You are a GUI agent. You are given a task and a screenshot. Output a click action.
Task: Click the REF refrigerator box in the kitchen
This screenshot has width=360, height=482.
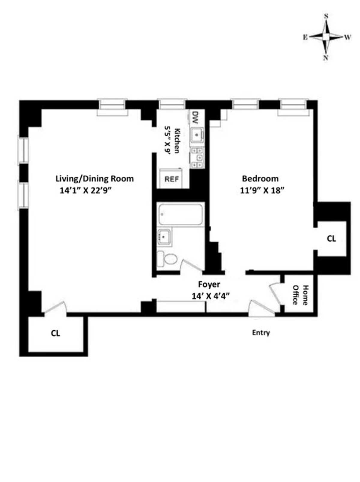pyautogui.click(x=171, y=179)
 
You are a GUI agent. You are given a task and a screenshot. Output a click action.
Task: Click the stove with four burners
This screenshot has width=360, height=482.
pyautogui.click(x=197, y=158)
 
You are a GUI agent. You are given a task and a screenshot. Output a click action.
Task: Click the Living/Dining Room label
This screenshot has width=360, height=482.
pyautogui.click(x=94, y=179)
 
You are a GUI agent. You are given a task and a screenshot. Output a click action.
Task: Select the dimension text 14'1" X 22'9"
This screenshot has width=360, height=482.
pyautogui.click(x=88, y=191)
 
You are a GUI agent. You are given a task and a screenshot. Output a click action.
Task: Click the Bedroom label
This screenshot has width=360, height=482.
pyautogui.click(x=260, y=179)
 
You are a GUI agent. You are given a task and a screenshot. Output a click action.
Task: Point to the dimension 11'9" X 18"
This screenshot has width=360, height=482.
pyautogui.click(x=262, y=191)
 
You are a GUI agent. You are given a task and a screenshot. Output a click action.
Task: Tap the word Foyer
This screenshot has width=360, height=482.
pyautogui.click(x=209, y=284)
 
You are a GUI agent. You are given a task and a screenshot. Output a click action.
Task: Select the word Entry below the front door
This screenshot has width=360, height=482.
pyautogui.click(x=261, y=332)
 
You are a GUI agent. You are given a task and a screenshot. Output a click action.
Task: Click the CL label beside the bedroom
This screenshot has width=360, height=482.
pyautogui.click(x=331, y=239)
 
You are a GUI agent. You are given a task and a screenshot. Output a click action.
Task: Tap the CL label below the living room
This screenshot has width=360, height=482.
pyautogui.click(x=55, y=333)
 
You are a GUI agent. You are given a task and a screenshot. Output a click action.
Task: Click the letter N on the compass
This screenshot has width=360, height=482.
pyautogui.click(x=325, y=58)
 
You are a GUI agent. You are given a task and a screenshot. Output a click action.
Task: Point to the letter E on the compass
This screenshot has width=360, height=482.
pyautogui.click(x=304, y=37)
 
